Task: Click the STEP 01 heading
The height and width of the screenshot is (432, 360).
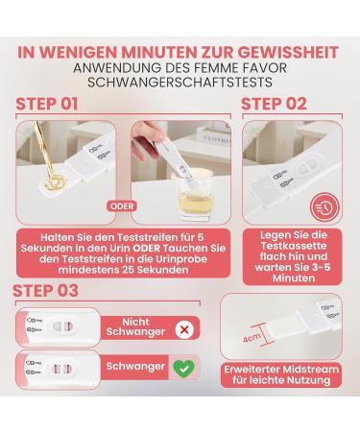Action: [47, 104]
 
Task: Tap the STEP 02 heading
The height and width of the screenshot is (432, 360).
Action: [274, 104]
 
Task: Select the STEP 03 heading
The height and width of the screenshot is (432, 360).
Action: [45, 291]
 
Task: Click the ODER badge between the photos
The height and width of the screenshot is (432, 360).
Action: [122, 206]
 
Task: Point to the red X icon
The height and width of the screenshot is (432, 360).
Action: [184, 329]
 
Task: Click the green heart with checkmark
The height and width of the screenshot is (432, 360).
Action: [183, 368]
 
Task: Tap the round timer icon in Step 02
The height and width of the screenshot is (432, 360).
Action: [324, 208]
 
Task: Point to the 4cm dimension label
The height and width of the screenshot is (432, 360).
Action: [252, 337]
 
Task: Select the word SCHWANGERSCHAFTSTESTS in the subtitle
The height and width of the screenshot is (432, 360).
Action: [180, 83]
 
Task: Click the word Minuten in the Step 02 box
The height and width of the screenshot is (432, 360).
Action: [294, 278]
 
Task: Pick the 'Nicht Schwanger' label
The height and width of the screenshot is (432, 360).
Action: [135, 326]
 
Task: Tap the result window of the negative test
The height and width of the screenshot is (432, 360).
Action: [62, 326]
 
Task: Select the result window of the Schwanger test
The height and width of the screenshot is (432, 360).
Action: [62, 369]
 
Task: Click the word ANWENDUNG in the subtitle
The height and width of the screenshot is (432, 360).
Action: [118, 68]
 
